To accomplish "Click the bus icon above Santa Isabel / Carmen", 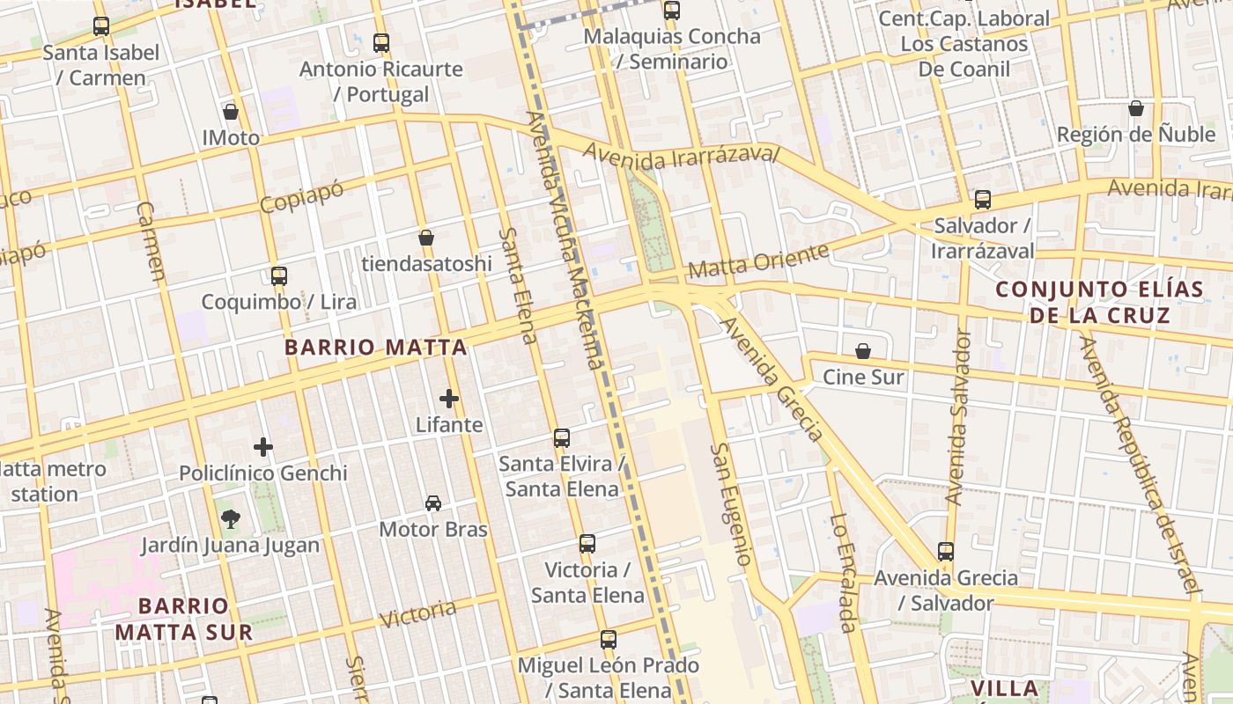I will click(101, 26).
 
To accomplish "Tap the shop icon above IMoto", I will click(231, 112).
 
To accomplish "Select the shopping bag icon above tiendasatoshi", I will click(426, 238).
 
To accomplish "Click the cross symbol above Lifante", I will click(449, 399).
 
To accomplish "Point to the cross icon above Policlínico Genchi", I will click(263, 447).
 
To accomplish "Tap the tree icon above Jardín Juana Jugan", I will click(231, 519).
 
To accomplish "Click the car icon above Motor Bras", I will click(433, 503).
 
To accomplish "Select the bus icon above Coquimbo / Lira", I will click(279, 275).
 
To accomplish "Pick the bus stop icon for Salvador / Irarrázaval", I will click(983, 200).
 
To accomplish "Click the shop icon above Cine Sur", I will click(863, 351).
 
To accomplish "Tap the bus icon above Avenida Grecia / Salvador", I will click(946, 552).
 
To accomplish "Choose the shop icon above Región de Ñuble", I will click(1136, 108).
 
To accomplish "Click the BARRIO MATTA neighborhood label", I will click(375, 347).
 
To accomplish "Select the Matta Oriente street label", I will click(758, 260).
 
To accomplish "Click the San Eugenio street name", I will click(732, 504).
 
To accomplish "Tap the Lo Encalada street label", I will click(843, 573).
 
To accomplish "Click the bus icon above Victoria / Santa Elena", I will click(587, 544).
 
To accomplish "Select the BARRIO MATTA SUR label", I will click(184, 619).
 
